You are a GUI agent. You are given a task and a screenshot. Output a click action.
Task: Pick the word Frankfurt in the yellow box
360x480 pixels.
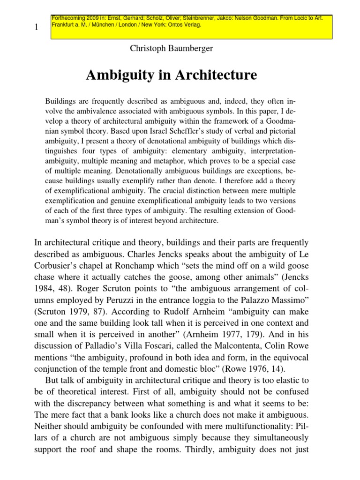65,25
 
